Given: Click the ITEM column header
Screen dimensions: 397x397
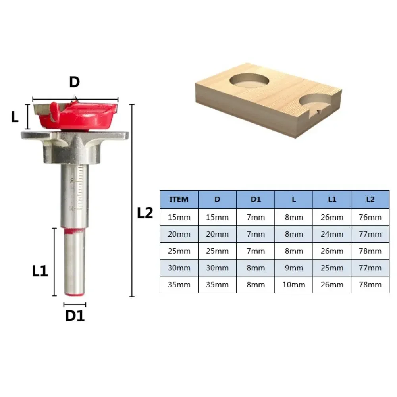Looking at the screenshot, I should tap(179, 199).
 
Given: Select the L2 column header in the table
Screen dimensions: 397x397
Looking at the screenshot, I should tap(370, 199).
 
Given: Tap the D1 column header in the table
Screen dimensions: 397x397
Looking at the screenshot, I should tap(255, 199).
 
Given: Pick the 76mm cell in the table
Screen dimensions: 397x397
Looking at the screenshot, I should tap(370, 217).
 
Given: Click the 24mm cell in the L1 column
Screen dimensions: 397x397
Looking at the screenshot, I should tap(332, 234).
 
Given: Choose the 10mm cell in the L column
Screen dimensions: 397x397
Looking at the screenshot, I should tap(294, 285).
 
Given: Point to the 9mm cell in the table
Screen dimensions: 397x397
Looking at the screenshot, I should tap(294, 268).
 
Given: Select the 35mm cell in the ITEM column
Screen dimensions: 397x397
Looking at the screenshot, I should tap(179, 285).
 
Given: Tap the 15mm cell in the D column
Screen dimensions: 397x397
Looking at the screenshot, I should tap(217, 217).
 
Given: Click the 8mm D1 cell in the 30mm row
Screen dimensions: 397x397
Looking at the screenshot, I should tap(255, 268).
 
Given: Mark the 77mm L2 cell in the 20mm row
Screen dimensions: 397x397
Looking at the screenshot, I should tap(370, 234).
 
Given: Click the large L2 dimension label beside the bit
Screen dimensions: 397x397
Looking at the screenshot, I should tap(145, 213).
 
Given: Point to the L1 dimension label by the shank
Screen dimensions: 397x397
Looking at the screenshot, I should tap(40, 271).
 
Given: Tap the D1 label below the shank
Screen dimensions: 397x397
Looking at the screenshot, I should tap(75, 316).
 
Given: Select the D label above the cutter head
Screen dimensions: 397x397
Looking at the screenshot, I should tap(75, 82).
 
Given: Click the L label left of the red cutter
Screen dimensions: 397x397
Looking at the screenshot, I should tap(15, 117).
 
